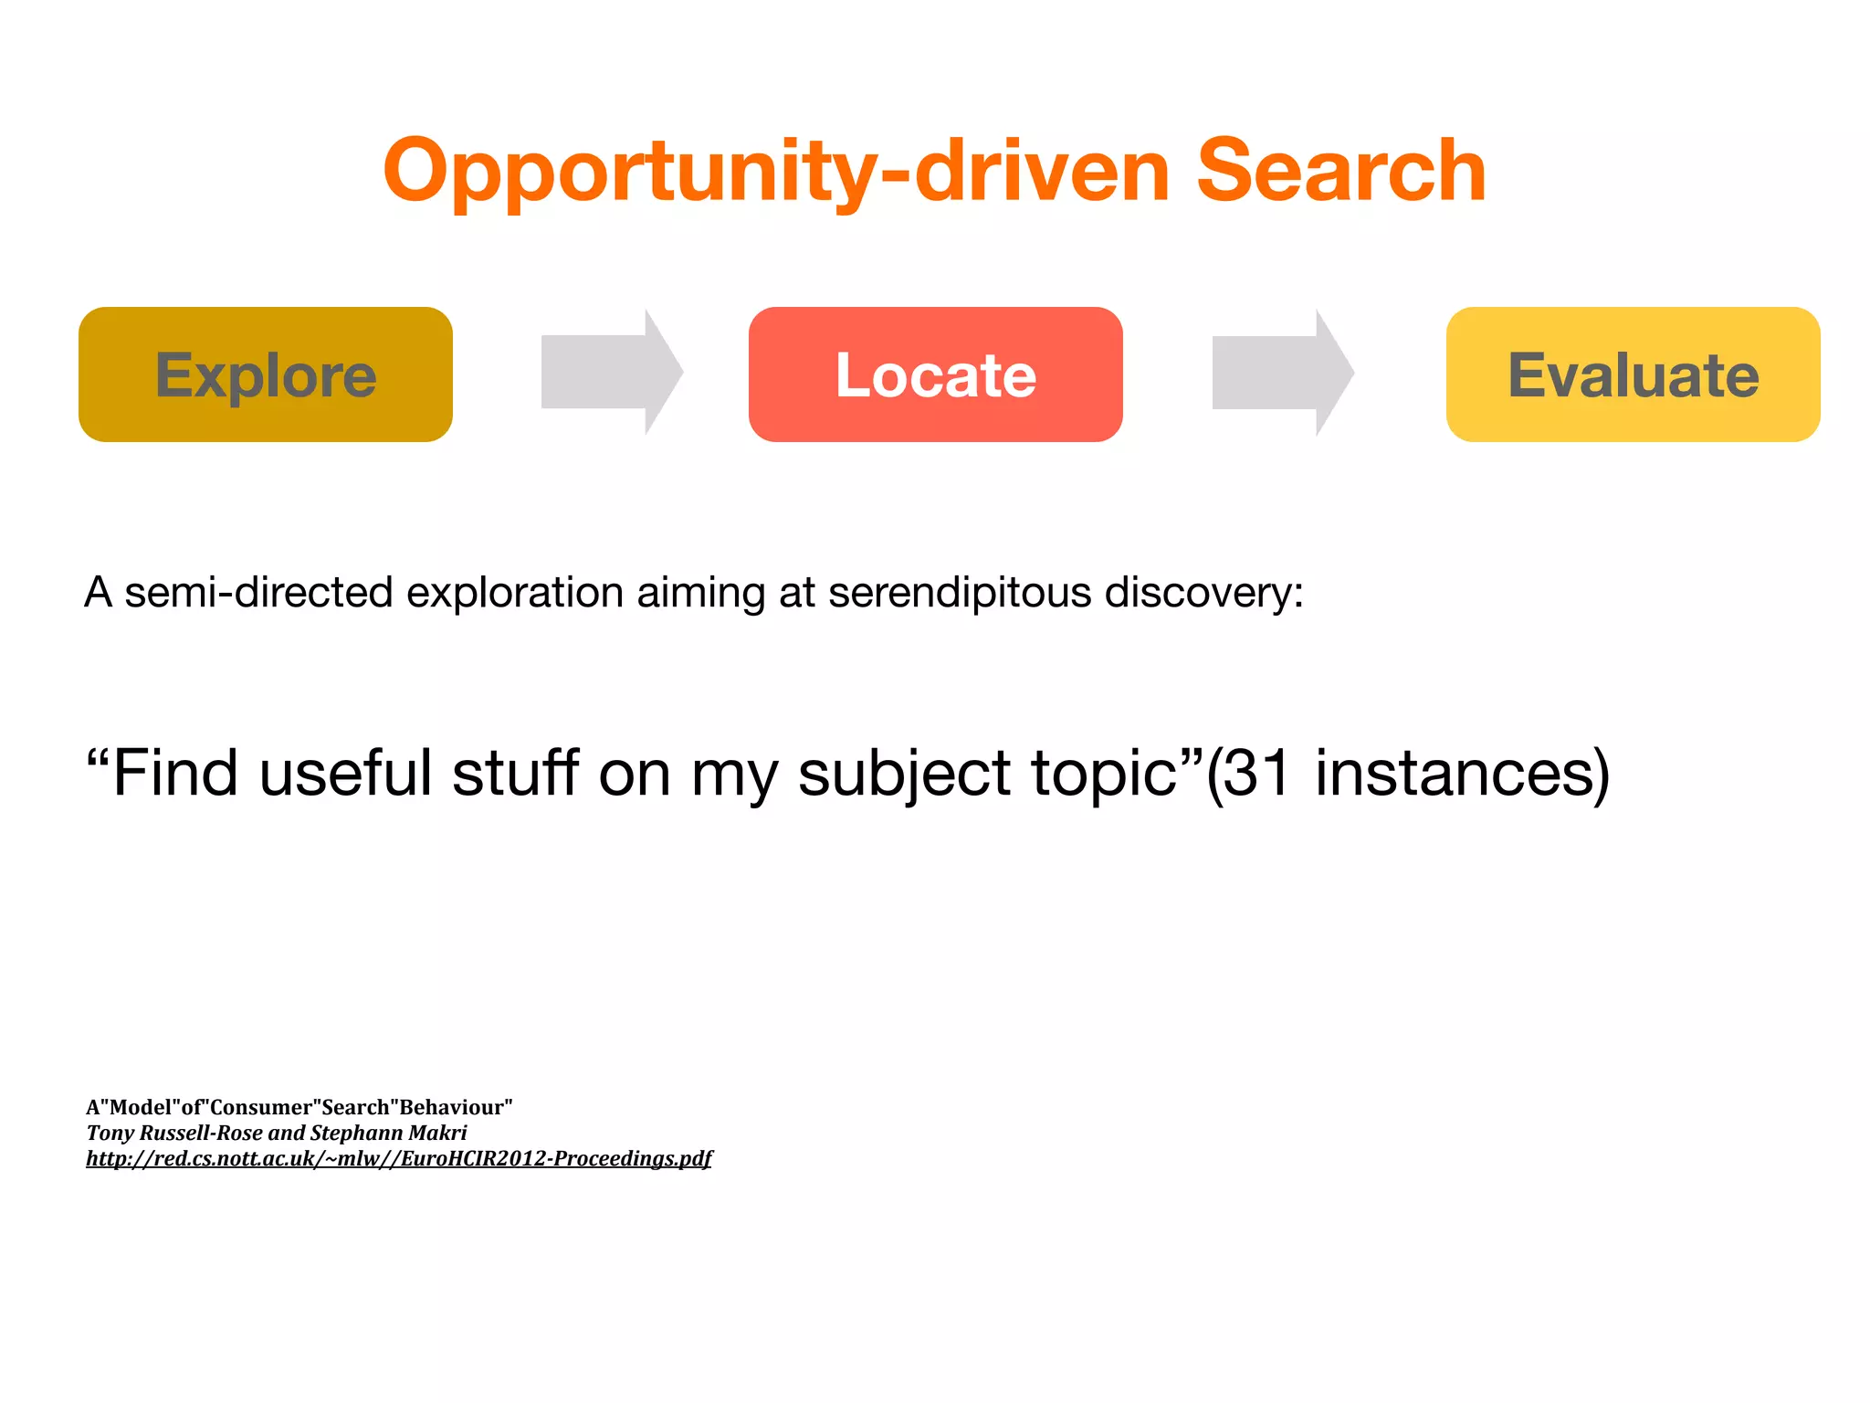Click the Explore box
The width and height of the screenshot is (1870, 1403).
point(266,374)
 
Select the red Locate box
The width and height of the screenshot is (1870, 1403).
point(935,374)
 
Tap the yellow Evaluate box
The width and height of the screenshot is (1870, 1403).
point(1633,374)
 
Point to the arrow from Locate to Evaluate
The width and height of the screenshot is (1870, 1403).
point(1282,372)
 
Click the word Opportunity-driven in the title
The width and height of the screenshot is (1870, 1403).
point(776,172)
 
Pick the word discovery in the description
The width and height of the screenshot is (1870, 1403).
point(1203,593)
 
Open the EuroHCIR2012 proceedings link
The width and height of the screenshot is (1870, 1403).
point(398,1158)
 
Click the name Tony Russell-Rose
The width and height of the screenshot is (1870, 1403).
point(173,1133)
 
